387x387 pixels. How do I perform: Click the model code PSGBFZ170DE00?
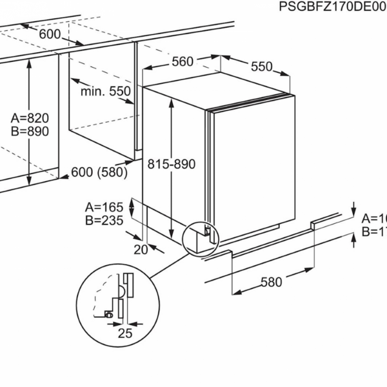tap(332, 7)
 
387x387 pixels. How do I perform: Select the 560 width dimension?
tap(183, 61)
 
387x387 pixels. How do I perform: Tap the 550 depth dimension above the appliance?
tap(261, 66)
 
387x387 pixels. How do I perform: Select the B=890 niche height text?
tap(30, 131)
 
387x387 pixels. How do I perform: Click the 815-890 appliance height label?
tap(171, 164)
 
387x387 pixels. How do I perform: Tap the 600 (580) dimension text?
tap(99, 172)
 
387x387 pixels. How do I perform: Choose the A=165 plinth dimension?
tap(104, 207)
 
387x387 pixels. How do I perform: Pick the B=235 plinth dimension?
tap(104, 220)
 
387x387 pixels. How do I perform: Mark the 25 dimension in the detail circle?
tap(125, 333)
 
